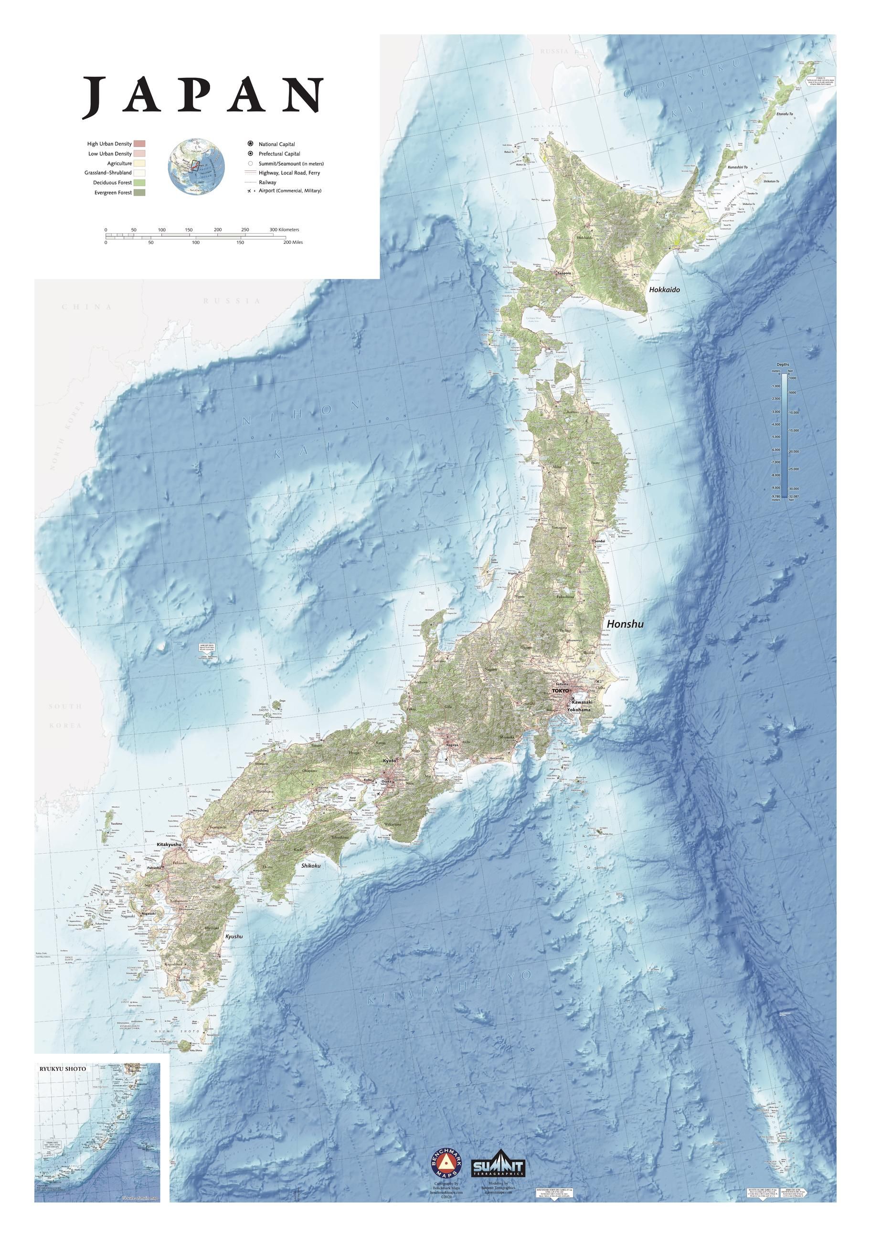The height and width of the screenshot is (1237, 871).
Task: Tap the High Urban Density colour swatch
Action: (139, 144)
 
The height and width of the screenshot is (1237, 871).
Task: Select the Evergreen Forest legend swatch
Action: (139, 192)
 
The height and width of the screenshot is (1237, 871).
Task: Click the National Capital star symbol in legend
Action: (251, 144)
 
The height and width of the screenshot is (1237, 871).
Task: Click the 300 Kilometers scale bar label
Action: (285, 230)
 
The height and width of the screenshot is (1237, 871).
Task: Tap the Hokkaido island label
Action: (664, 290)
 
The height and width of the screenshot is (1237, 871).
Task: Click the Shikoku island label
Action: (311, 865)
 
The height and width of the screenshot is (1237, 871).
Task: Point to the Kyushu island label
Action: (234, 936)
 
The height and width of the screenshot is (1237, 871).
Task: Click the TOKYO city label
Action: (561, 690)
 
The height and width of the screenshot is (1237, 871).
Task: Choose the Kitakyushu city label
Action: (169, 844)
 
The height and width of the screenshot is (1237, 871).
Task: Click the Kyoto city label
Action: (389, 761)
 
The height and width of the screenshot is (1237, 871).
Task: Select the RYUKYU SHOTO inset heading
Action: (63, 1068)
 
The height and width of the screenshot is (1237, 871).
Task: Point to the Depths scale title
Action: (782, 365)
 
